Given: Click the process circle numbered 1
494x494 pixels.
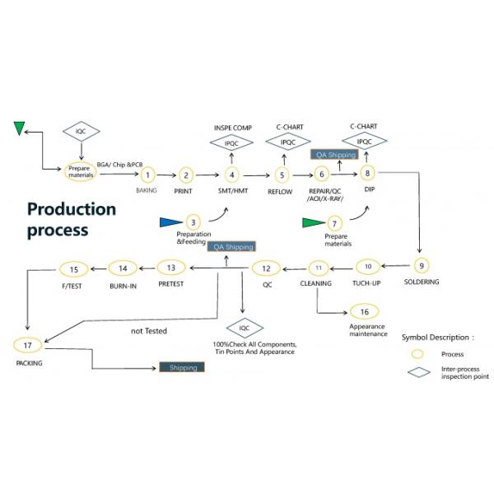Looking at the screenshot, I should pos(147,175).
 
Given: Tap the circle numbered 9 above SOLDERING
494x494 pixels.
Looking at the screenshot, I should pos(421,265).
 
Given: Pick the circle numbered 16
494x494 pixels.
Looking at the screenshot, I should pos(364,311).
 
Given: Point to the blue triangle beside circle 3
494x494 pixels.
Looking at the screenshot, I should pos(170,221).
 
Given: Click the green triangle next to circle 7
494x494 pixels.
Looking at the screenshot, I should pos(314,222).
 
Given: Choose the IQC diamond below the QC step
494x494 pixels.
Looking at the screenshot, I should pos(244,327).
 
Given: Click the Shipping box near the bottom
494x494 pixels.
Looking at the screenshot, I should pos(182,367).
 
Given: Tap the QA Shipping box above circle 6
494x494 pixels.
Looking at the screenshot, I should pos(335,154).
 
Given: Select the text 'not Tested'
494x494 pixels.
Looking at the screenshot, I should pos(149,331).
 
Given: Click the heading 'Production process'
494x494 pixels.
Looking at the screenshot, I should pos(71,219).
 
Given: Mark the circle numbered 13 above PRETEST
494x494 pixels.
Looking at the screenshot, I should pos(170,267).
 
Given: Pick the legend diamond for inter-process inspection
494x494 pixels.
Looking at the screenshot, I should pos(420,371).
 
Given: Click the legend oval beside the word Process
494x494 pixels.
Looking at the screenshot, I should pos(418,353).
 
